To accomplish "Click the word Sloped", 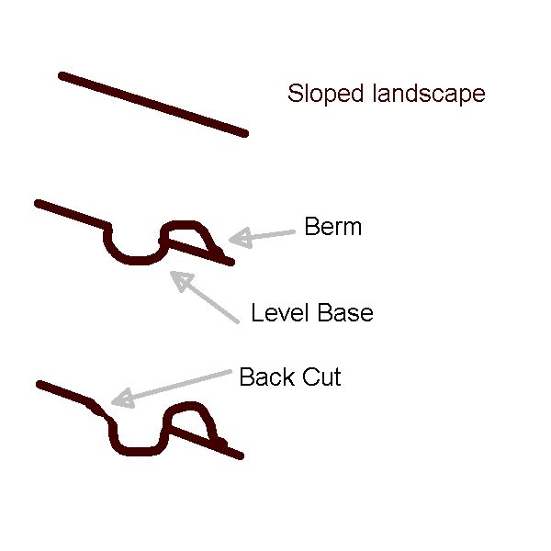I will point(319,94).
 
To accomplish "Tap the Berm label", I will point(332,227).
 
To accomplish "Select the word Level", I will point(280,313).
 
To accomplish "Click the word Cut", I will point(322,377).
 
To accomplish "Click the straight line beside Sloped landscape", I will point(153,105).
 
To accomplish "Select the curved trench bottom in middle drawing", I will point(135,259).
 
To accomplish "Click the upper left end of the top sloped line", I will point(62,75).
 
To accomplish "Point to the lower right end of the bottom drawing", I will point(239,455).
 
